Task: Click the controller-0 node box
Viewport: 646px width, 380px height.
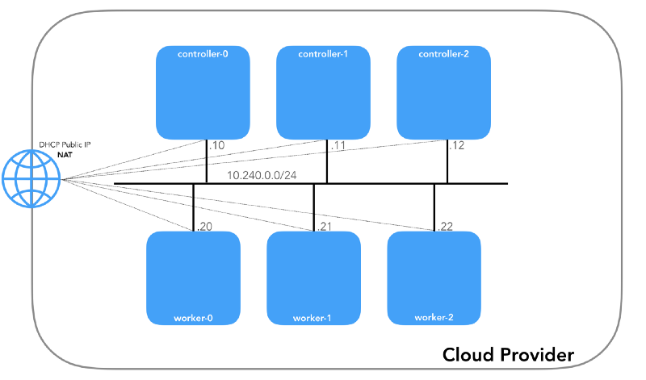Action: [x=203, y=93]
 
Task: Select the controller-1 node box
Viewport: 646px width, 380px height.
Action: [x=324, y=93]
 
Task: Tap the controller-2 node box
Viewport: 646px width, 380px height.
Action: [x=444, y=93]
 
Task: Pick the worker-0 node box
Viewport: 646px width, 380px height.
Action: [x=193, y=278]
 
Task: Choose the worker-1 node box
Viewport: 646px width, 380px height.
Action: [x=313, y=278]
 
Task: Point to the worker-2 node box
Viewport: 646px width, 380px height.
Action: [x=434, y=278]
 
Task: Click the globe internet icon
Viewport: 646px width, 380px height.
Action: [x=31, y=180]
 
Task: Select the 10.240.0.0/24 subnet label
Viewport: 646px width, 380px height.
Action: [x=260, y=174]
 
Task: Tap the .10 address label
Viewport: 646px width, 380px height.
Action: [x=216, y=147]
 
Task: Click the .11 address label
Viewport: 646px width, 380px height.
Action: [x=337, y=147]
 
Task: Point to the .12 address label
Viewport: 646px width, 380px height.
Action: [x=458, y=147]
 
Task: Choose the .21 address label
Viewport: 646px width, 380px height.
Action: [x=325, y=227]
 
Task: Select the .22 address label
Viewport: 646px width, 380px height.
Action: [x=445, y=227]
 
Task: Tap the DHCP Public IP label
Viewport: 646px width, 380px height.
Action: [x=65, y=144]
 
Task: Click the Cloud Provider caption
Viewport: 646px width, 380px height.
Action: [x=508, y=354]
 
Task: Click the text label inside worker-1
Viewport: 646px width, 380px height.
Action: [x=313, y=317]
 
